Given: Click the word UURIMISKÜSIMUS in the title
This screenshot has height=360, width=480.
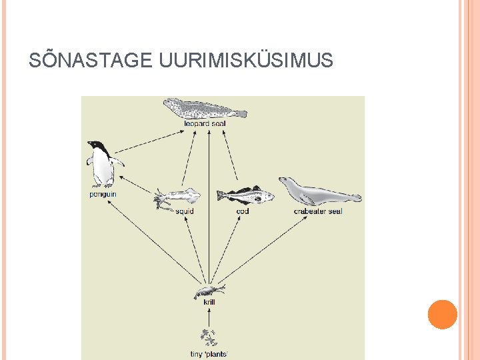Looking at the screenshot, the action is click(246, 61).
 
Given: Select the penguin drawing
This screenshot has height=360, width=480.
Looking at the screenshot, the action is click(103, 163).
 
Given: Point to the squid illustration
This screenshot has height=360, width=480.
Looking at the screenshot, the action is click(177, 197).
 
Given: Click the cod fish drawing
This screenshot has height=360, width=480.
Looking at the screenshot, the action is click(245, 195).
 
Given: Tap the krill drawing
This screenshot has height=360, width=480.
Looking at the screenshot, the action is click(209, 291).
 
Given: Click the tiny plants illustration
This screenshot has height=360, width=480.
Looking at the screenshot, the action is click(209, 337).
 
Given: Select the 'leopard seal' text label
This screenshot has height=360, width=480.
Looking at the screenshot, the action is click(205, 123).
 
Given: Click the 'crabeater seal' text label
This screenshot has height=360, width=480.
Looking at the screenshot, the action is click(318, 211).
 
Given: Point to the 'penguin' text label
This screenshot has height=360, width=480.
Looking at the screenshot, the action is click(103, 194).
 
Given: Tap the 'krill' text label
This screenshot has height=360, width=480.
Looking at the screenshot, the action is click(209, 303).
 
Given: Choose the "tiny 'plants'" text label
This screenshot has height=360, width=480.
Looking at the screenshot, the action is click(209, 353).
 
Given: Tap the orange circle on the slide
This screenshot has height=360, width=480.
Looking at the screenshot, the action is click(442, 315).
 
